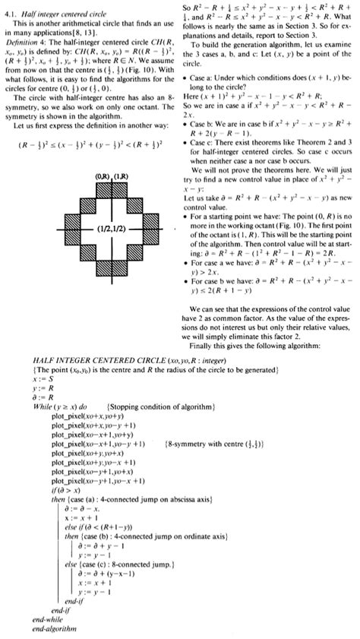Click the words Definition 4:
pyautogui.click(x=24, y=41)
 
